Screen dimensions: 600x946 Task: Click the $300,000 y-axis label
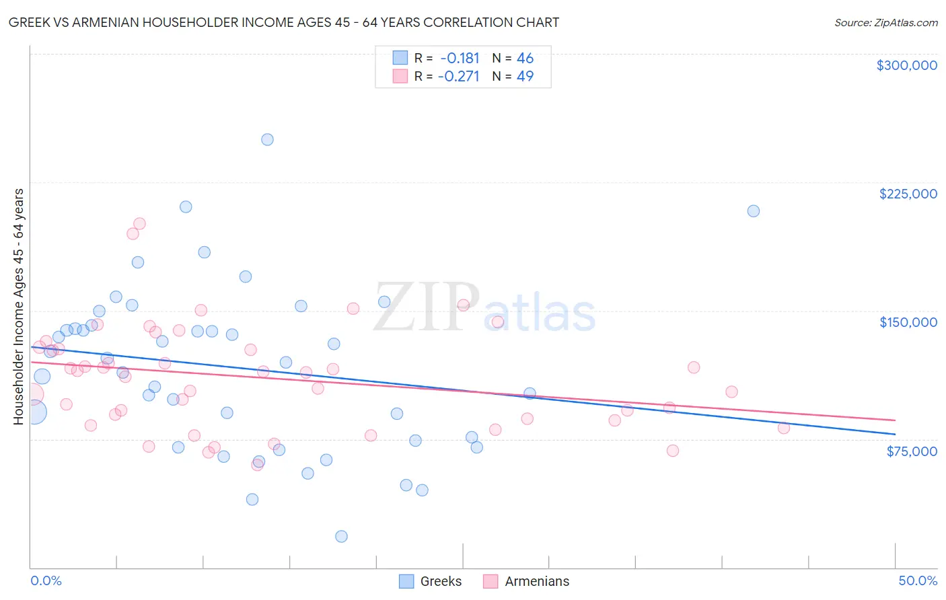[x=906, y=65]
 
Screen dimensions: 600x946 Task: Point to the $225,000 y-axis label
[x=908, y=194]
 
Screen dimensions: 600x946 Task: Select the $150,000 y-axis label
[x=908, y=322]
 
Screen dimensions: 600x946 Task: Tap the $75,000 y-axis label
[x=911, y=451]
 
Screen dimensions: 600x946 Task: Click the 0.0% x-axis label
[x=46, y=580]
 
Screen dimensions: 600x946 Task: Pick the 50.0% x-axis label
[x=918, y=580]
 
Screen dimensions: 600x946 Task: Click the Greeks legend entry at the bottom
[x=431, y=581]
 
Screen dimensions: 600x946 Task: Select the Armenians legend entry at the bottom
[x=527, y=581]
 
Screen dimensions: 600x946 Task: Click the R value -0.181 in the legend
[x=460, y=58]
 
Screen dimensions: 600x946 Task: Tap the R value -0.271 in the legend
[x=458, y=76]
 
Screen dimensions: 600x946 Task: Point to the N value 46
[x=525, y=58]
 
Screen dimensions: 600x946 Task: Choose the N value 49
[x=525, y=76]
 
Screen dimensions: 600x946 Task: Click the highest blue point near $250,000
[x=267, y=140]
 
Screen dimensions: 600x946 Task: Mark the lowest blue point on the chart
[x=341, y=536]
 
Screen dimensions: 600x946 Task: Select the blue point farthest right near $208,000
[x=754, y=211]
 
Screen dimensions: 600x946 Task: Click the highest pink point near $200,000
[x=139, y=223]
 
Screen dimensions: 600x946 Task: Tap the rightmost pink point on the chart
[x=783, y=428]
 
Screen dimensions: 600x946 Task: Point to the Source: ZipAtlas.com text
[x=885, y=22]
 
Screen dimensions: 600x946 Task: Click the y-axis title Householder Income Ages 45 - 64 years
[x=18, y=306]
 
